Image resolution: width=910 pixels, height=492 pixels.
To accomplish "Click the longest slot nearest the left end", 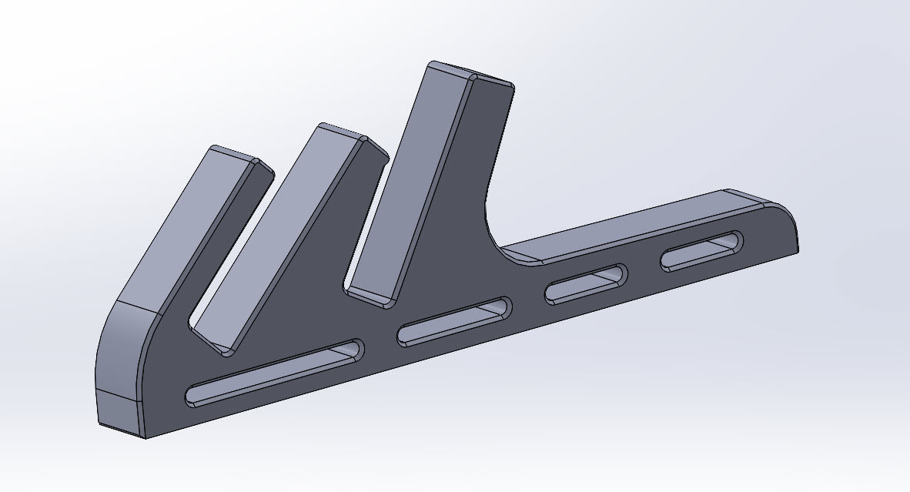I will coord(273,371).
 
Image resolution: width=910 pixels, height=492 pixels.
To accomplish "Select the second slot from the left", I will coord(453,321).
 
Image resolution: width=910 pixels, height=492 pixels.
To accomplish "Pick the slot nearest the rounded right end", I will coord(702,250).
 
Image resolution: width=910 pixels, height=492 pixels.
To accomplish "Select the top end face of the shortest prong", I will coord(236,154).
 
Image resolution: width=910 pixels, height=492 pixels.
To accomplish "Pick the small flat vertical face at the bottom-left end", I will coord(120,412).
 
